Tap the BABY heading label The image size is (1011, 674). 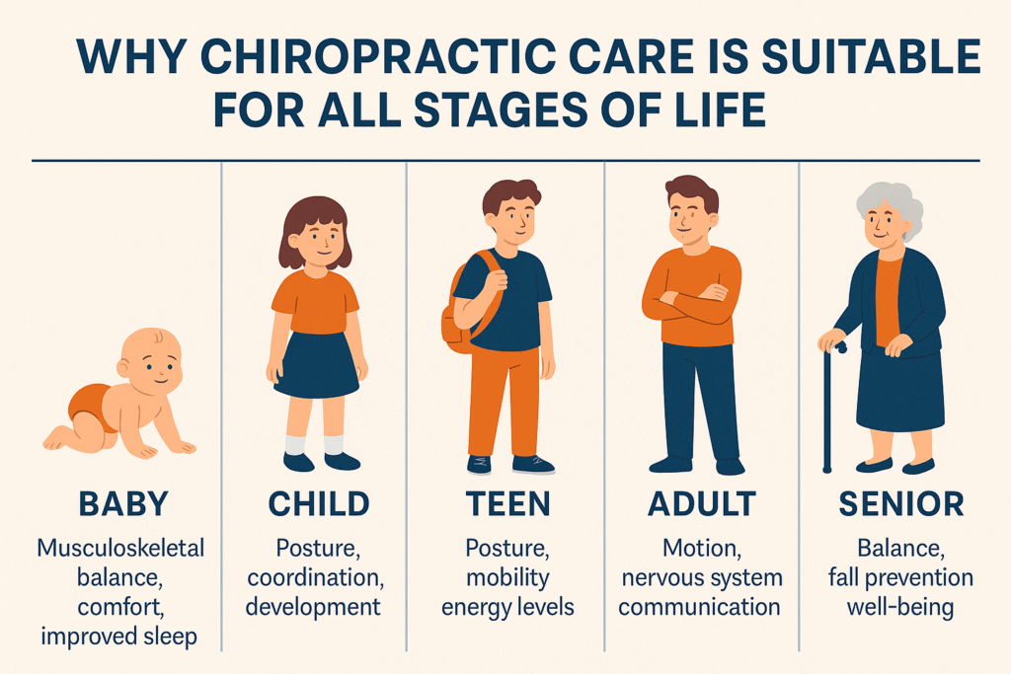(123, 504)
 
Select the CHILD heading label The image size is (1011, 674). (319, 504)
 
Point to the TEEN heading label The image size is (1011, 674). (508, 504)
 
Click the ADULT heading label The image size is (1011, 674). (702, 504)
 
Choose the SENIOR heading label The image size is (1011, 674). (900, 504)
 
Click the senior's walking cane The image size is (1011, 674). (828, 406)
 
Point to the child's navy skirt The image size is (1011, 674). (316, 365)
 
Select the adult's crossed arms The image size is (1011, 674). (691, 302)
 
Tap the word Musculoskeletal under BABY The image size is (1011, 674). (120, 548)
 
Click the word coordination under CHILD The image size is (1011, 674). (315, 577)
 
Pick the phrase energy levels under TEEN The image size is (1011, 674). (507, 607)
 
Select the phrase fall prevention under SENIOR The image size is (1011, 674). (900, 577)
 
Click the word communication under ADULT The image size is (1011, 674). (700, 607)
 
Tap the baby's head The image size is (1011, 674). (151, 361)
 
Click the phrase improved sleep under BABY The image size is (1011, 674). (119, 637)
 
